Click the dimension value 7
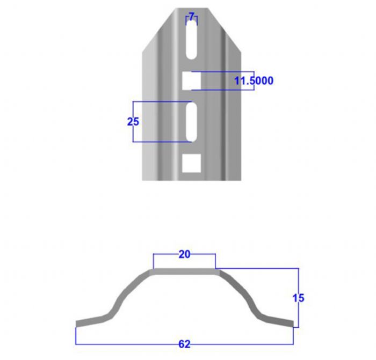pyautogui.click(x=191, y=17)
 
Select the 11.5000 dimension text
pyautogui.click(x=254, y=80)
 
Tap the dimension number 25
pyautogui.click(x=133, y=122)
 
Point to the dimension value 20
pyautogui.click(x=184, y=254)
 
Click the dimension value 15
pyautogui.click(x=298, y=298)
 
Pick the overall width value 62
pyautogui.click(x=184, y=344)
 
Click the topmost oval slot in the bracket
pyautogui.click(x=191, y=40)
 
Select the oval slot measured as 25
pyautogui.click(x=191, y=122)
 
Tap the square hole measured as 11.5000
pyautogui.click(x=191, y=80)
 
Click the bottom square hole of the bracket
pyautogui.click(x=191, y=163)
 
